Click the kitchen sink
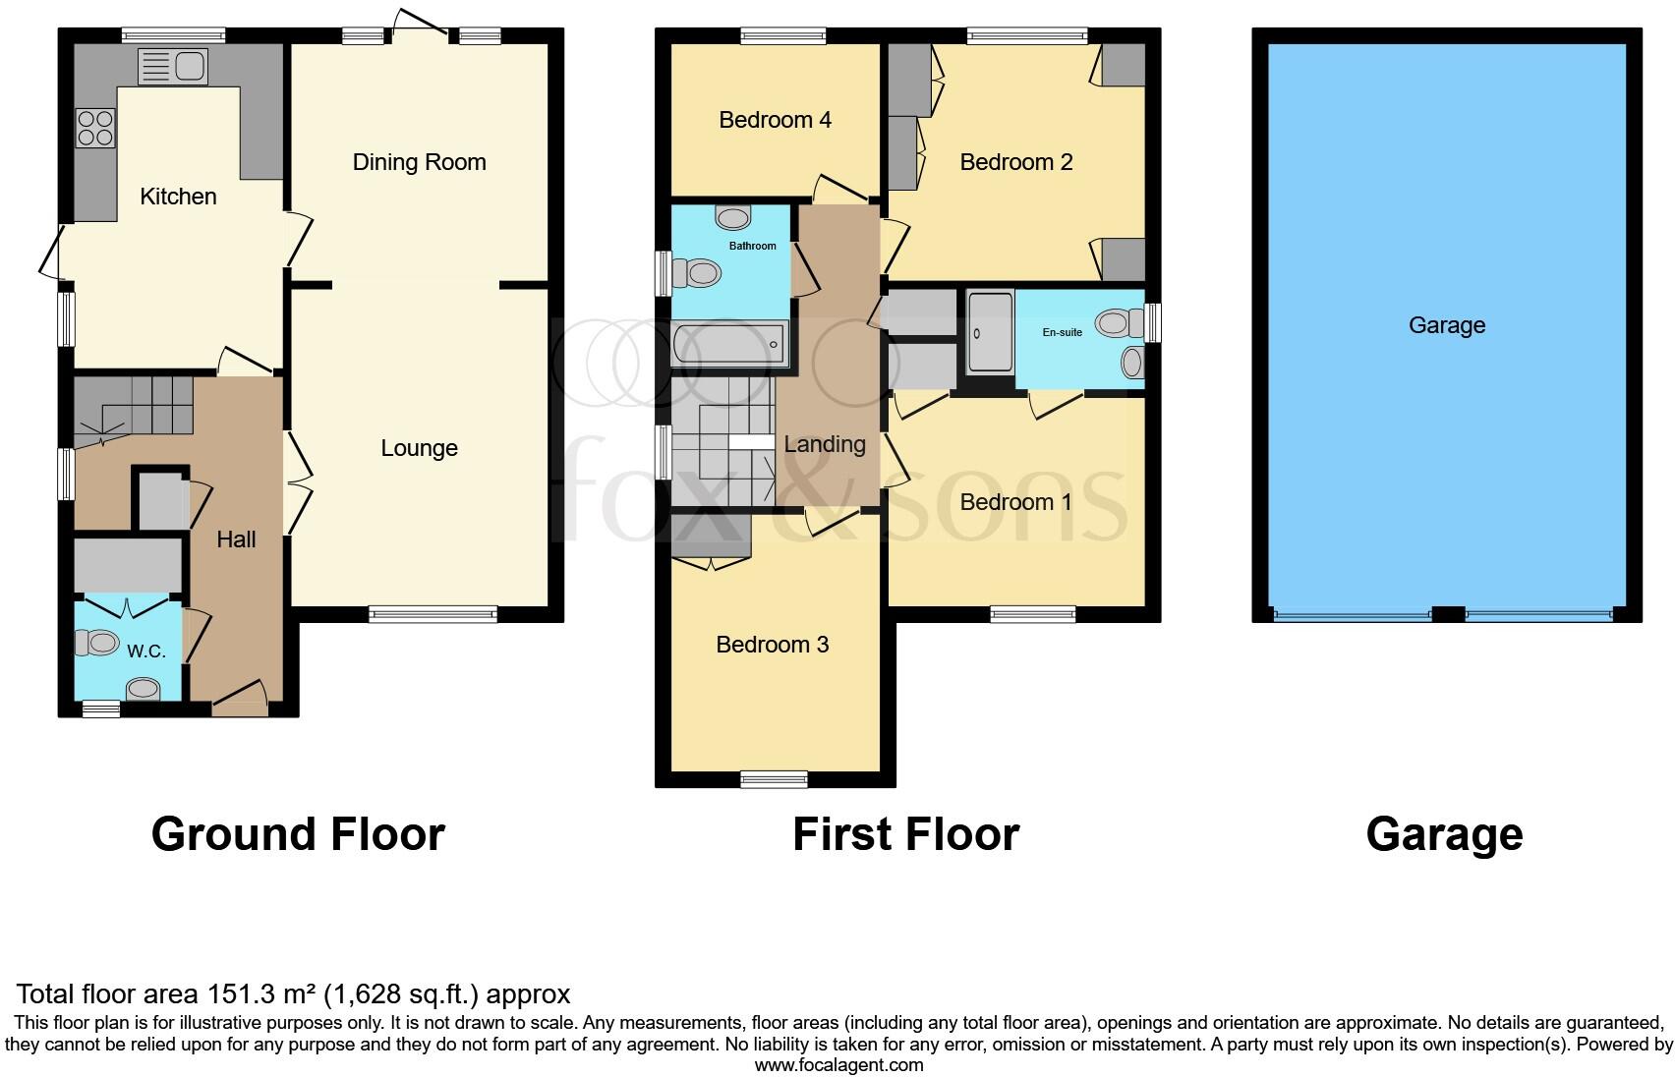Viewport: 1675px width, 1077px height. (173, 67)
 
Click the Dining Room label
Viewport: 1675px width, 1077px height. (419, 162)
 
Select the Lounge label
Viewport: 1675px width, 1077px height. (419, 448)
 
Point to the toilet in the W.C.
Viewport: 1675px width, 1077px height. (96, 644)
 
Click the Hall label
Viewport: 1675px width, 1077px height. (236, 538)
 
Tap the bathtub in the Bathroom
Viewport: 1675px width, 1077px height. (729, 345)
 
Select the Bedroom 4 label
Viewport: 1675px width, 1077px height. (775, 120)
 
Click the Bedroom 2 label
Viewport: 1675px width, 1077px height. (1015, 162)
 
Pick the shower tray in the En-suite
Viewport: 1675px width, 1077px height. (990, 332)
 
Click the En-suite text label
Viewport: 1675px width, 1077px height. (1062, 332)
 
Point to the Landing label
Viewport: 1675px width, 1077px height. (825, 444)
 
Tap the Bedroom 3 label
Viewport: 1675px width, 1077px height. (772, 645)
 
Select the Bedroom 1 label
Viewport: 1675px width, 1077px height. (1015, 502)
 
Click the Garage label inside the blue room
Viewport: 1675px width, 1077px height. (1446, 325)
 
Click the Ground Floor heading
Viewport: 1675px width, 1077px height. (298, 834)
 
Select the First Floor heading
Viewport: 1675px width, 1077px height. (905, 834)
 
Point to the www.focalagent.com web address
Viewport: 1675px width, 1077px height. (838, 1064)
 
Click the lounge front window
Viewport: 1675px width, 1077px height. (433, 615)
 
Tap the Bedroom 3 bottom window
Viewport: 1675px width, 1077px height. (774, 780)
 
